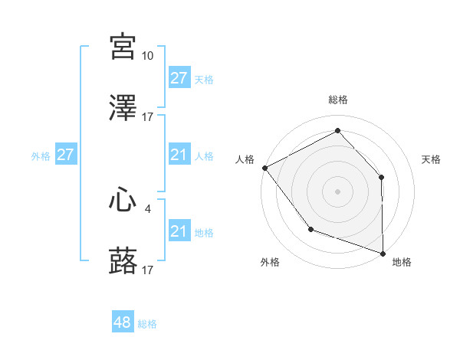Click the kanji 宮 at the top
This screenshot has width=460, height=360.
[x=123, y=47]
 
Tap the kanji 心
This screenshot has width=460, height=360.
[x=123, y=201]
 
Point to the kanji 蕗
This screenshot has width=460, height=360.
[x=123, y=262]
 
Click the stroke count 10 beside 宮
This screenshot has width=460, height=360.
[x=147, y=56]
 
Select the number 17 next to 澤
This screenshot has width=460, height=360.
[x=147, y=117]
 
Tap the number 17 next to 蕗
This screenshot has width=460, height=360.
[x=147, y=270]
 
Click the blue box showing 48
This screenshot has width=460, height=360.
[x=123, y=322]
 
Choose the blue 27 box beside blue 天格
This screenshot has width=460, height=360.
[x=179, y=78]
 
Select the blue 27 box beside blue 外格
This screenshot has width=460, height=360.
[x=66, y=155]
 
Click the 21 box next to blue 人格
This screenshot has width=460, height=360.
[x=179, y=155]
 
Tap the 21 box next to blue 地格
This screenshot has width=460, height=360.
[x=179, y=231]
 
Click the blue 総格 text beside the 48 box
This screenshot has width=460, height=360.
[x=147, y=324]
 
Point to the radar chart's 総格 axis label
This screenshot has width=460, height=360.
[x=337, y=100]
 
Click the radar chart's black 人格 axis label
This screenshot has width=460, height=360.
[x=245, y=159]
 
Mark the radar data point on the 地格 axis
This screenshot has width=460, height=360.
[x=383, y=252]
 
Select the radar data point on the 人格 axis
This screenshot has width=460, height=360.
[x=264, y=167]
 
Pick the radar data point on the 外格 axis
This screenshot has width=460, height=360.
[x=310, y=228]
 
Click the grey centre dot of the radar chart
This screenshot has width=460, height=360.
[x=337, y=191]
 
